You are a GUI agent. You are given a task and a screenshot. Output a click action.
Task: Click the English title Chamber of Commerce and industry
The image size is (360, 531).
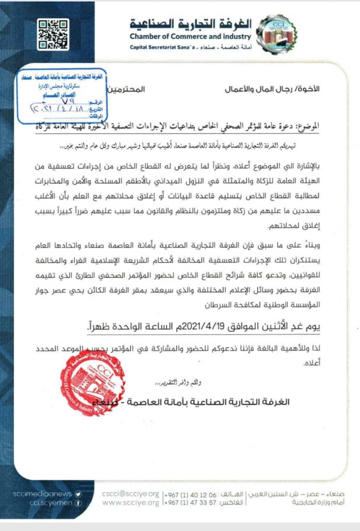pyautogui.click(x=190, y=36)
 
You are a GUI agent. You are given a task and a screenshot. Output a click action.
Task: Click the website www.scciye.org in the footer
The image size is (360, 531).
pyautogui.click(x=130, y=502)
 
